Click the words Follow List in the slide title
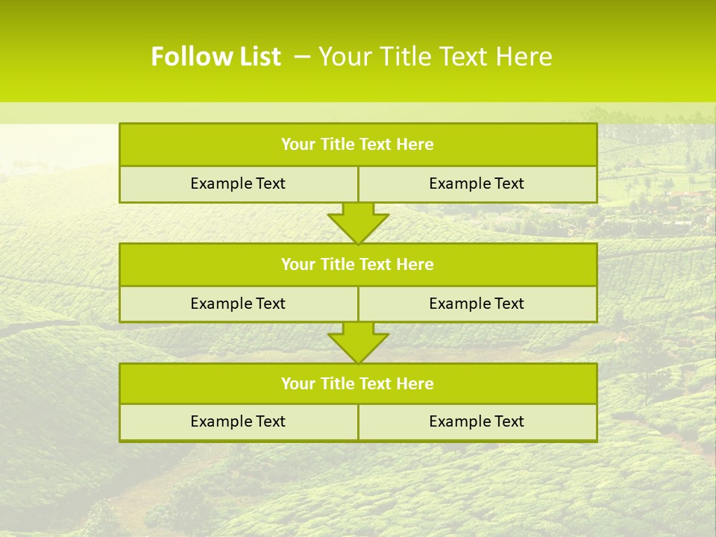216,57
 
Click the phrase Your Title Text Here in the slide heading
435,57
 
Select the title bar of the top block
357,145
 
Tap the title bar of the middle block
357,264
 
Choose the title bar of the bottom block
357,383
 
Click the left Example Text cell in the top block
238,183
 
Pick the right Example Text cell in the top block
477,183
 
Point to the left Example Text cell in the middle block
238,304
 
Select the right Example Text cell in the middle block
477,304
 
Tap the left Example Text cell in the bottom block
238,421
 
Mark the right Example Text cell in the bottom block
477,421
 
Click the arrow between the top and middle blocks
358,223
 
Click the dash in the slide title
302,57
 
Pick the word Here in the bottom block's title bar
415,383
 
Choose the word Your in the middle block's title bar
298,264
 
